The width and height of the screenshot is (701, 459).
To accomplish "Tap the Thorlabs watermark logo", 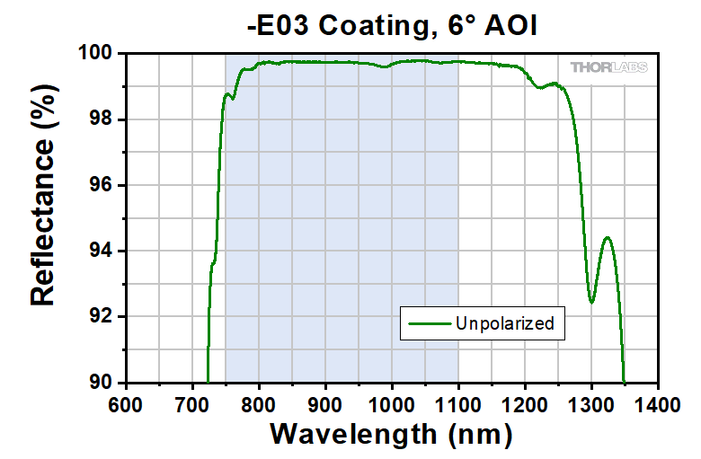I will pos(608,67).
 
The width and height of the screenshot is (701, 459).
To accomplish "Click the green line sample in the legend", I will pos(427,323).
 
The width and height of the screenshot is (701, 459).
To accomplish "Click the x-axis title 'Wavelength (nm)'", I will pos(391,434).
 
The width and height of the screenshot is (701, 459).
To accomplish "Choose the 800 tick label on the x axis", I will pos(259,402).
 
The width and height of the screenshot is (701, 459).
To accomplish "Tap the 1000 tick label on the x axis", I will pos(392,402).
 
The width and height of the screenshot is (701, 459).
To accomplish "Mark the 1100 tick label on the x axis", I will pos(458,402).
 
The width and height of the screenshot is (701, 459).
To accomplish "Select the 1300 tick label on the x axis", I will pos(591,402).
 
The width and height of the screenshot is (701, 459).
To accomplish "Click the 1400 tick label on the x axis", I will pos(658,402).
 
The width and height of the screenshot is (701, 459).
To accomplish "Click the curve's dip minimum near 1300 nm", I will pos(591,302).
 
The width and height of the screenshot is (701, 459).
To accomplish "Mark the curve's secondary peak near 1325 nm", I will pos(608,238).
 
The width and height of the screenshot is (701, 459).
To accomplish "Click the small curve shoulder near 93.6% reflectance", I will pos(213,263).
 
